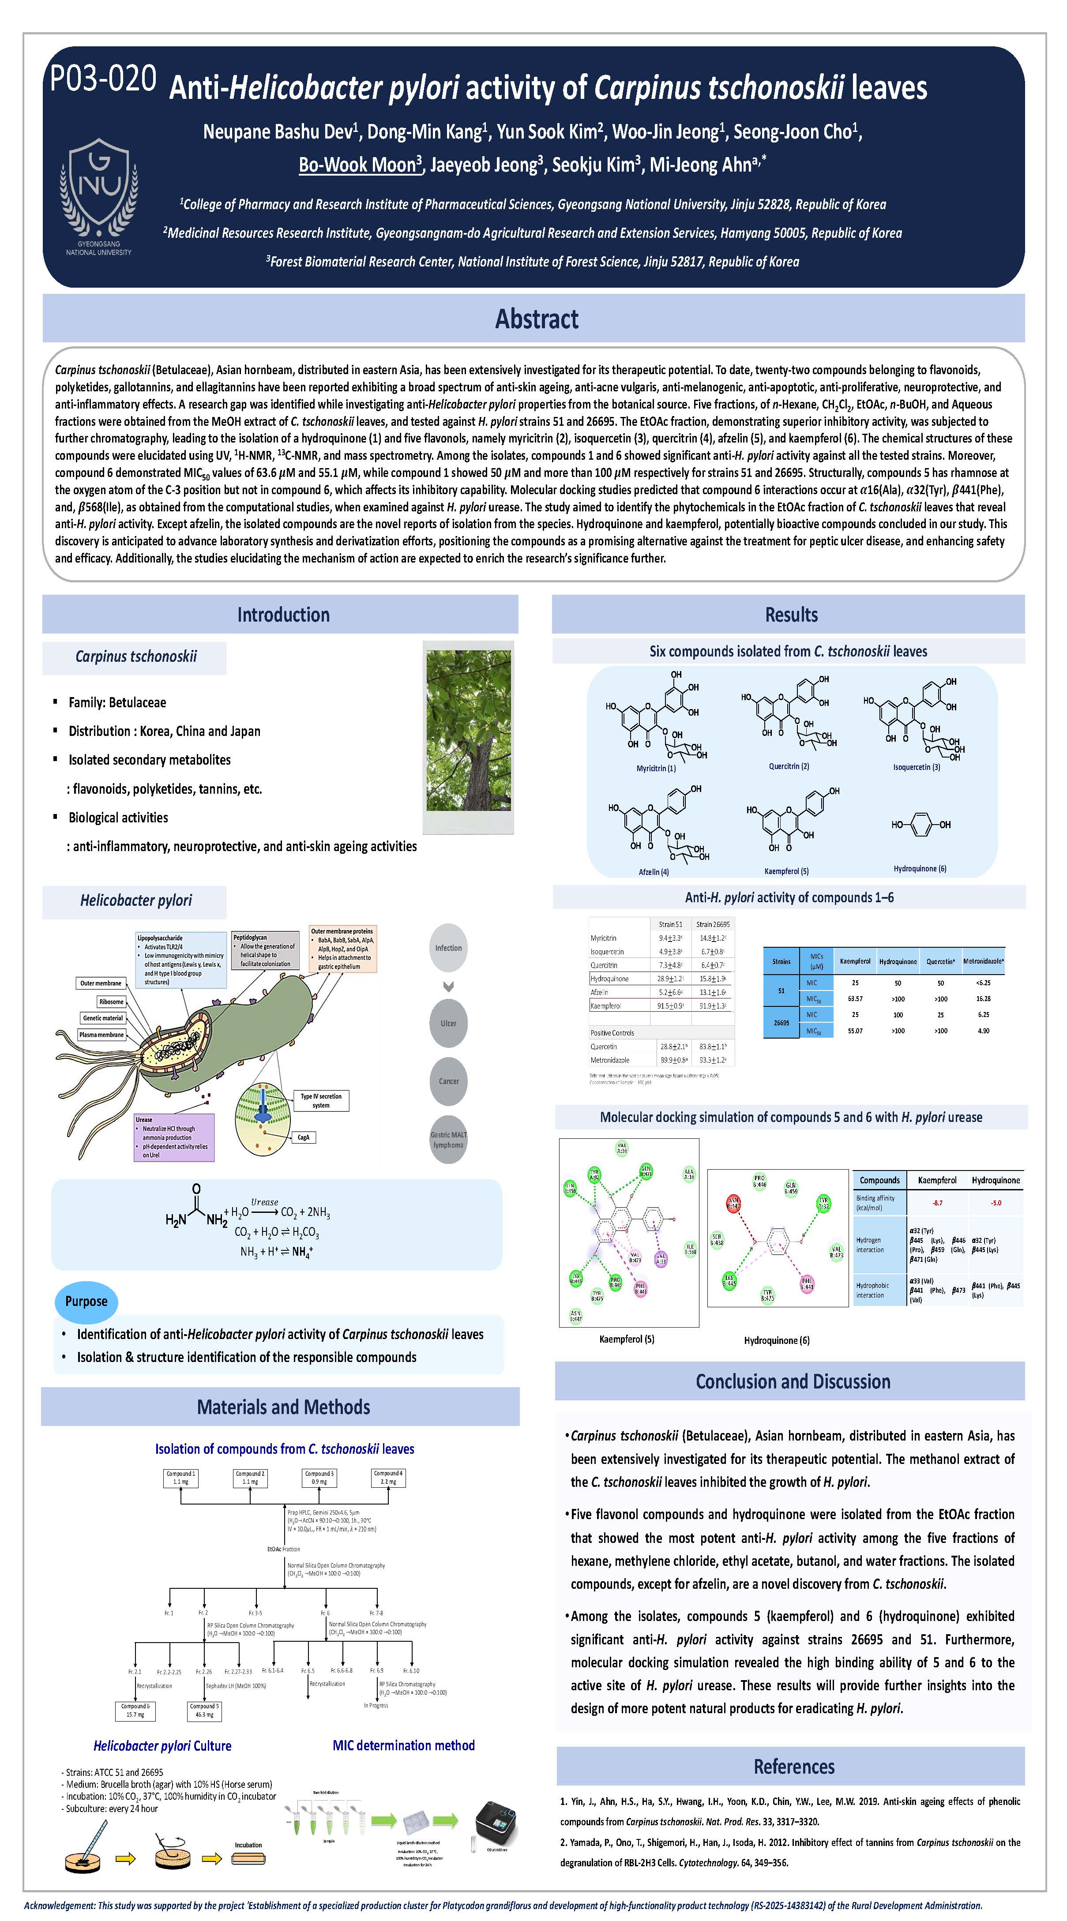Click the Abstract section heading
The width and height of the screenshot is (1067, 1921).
(x=536, y=319)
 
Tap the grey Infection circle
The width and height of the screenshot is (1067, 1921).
(x=448, y=948)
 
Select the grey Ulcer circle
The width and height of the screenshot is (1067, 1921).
(x=448, y=1023)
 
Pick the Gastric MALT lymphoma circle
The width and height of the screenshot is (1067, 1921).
(x=448, y=1140)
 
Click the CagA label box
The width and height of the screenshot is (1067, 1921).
(x=304, y=1137)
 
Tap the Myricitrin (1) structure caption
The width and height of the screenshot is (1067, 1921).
(x=655, y=768)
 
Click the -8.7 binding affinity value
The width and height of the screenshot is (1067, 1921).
(x=937, y=1203)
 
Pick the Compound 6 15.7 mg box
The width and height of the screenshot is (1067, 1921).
(x=135, y=1711)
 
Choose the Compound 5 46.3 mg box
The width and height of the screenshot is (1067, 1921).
(x=203, y=1711)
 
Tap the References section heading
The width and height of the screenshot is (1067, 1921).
(x=793, y=1767)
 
